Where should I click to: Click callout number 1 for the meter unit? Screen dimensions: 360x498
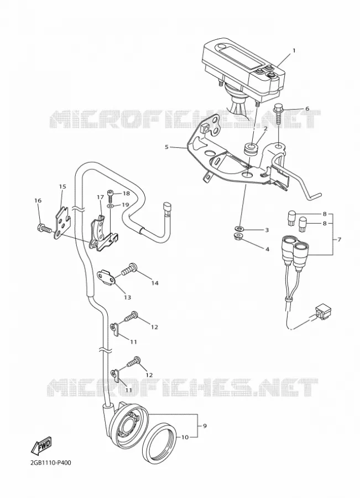click(x=294, y=50)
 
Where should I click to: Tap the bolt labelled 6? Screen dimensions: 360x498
click(x=279, y=115)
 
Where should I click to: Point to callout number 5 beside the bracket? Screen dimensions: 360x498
click(x=166, y=147)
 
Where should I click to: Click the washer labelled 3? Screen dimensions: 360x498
click(x=239, y=228)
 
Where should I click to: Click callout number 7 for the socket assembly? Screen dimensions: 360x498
click(x=339, y=240)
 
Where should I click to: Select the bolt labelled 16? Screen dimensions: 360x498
click(x=44, y=228)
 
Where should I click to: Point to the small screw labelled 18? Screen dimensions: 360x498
click(x=109, y=197)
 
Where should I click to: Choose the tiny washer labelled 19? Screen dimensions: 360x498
click(x=109, y=206)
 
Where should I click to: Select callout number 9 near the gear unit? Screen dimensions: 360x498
click(x=205, y=426)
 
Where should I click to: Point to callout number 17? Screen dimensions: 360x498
click(x=100, y=198)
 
